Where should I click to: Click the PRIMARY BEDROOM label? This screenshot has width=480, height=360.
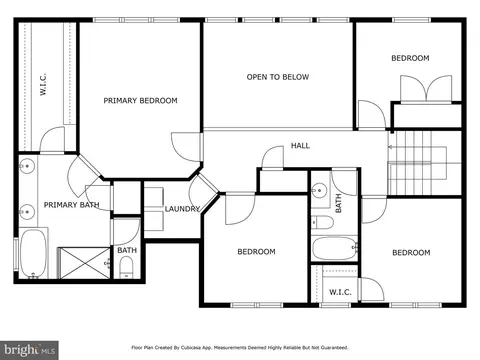(x=140, y=101)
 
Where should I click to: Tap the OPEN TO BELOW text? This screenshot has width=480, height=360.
(x=278, y=77)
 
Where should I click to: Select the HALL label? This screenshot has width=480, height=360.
(x=300, y=145)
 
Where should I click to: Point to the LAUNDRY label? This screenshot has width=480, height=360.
(x=182, y=209)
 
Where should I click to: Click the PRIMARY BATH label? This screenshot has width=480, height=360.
(x=72, y=205)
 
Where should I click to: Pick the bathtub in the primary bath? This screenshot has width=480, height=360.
(x=33, y=253)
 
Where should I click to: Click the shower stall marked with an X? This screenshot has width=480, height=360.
(x=85, y=263)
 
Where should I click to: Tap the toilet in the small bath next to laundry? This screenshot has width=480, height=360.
(x=126, y=267)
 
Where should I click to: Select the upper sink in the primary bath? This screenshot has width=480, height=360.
(x=27, y=165)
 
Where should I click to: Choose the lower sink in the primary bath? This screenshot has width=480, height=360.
(x=27, y=212)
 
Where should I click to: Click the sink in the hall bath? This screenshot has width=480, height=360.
(x=319, y=191)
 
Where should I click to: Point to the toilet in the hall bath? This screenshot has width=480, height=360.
(x=322, y=222)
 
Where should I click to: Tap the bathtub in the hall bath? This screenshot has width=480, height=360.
(x=335, y=248)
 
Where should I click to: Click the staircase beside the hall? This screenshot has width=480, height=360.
(x=424, y=163)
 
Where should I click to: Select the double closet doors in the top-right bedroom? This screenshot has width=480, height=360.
(x=426, y=89)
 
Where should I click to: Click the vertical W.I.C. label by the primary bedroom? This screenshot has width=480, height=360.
(x=43, y=85)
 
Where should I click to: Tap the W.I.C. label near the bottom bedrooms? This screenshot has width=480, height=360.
(x=340, y=292)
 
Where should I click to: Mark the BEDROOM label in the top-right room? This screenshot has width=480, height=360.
(x=410, y=58)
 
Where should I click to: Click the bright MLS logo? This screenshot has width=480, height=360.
(x=29, y=350)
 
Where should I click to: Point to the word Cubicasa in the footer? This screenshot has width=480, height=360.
(x=189, y=348)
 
